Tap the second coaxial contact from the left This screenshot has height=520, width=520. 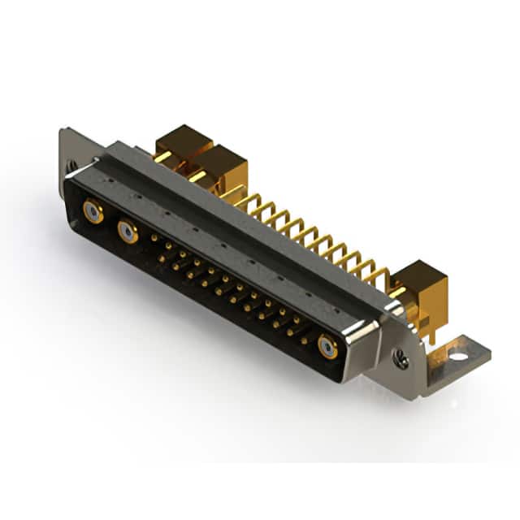(x=128, y=234)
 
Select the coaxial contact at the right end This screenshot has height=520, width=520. (x=327, y=348)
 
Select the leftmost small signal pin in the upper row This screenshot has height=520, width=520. (x=154, y=238)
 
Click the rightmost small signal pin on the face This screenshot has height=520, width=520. (x=305, y=340)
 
